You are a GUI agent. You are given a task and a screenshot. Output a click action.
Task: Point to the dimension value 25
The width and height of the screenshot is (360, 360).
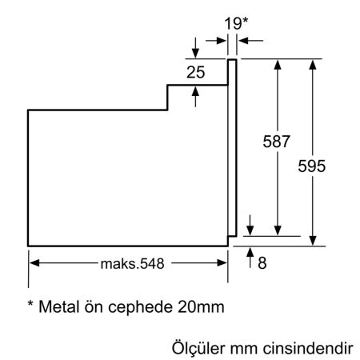pyautogui.click(x=195, y=73)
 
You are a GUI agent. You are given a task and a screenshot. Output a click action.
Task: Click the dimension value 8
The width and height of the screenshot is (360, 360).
pyautogui.click(x=262, y=262)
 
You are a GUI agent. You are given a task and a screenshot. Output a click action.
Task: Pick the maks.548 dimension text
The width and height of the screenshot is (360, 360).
pyautogui.click(x=131, y=262)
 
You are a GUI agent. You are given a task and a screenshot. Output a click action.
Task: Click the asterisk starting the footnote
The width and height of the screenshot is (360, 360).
pyautogui.click(x=31, y=305)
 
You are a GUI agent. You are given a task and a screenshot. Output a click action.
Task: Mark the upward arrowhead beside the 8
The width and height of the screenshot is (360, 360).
pyautogui.click(x=251, y=254)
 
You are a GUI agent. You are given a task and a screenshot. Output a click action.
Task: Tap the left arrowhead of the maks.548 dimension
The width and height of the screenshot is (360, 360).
pyautogui.click(x=34, y=262)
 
